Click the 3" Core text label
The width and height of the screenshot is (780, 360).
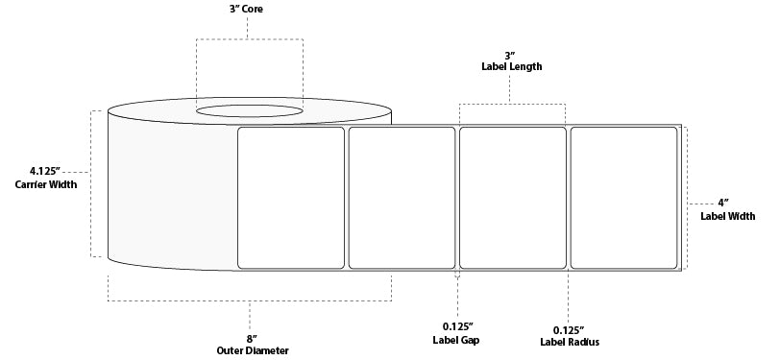coord(248,10)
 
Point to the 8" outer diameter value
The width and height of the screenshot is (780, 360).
coord(250,337)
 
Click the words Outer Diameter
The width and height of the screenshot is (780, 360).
coord(250,350)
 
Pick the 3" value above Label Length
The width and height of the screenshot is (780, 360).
coord(512,54)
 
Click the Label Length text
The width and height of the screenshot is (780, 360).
coord(512,67)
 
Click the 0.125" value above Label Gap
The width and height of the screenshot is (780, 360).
coord(456,325)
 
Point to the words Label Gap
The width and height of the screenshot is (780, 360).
coord(456,339)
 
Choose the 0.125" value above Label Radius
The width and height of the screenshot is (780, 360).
coord(569,325)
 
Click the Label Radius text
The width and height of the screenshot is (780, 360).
coord(569,339)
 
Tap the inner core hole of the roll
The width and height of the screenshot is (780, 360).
coord(250,113)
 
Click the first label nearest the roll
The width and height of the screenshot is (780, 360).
coord(291,197)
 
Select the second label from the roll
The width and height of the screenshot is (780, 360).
coord(402,197)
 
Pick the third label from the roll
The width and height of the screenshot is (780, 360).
coord(513,197)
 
